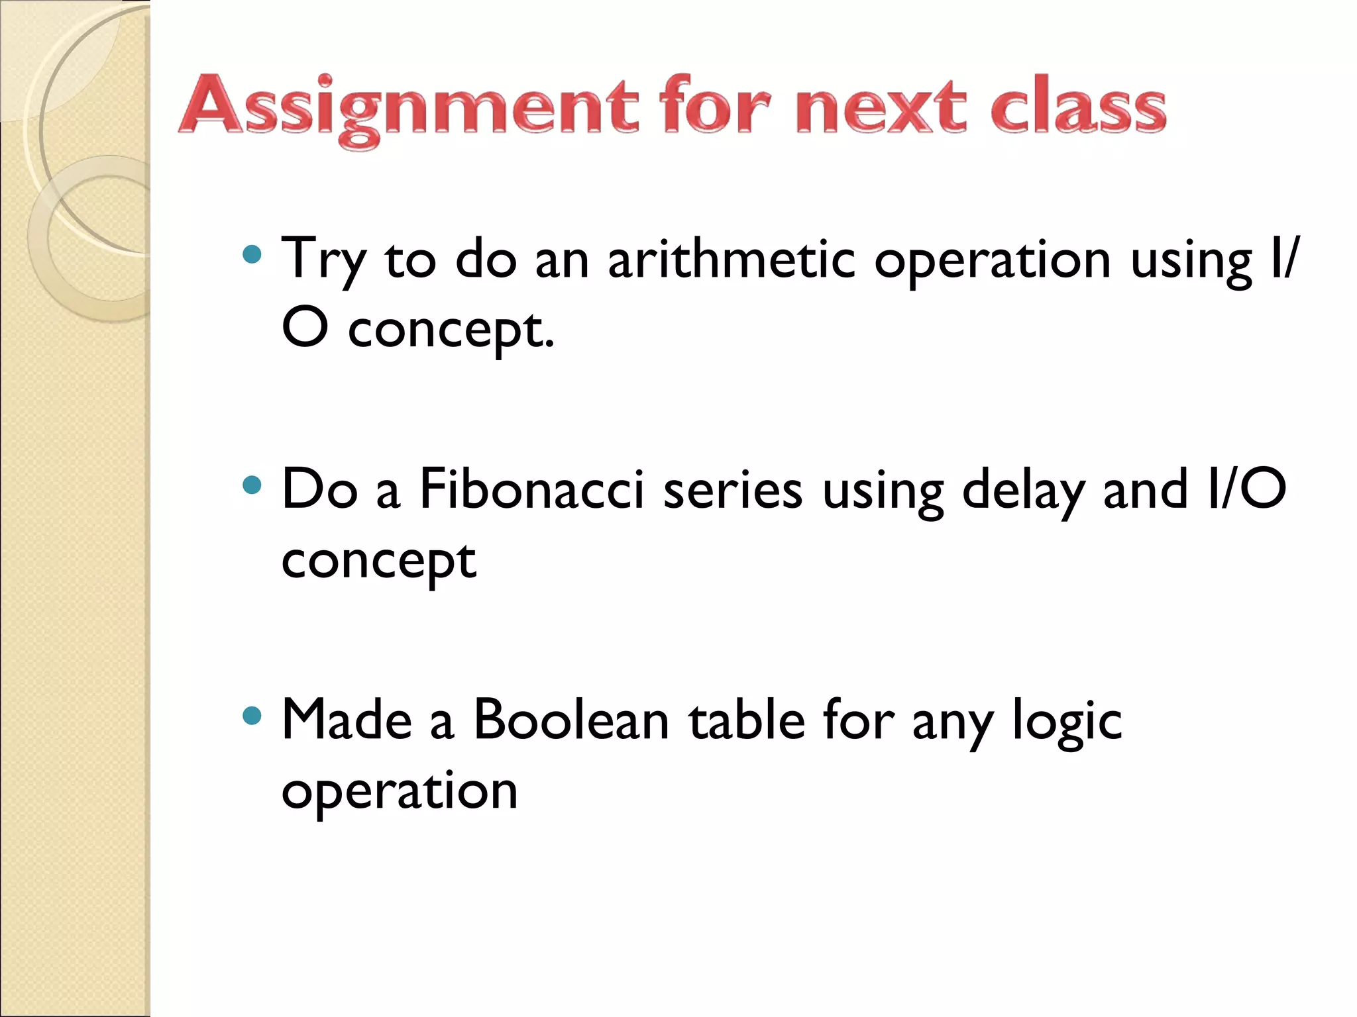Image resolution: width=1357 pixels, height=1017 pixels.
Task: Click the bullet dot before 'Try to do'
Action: (252, 255)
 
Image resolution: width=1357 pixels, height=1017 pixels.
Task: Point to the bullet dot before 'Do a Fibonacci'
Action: (252, 485)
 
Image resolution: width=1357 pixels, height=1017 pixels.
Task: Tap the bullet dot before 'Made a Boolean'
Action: (252, 716)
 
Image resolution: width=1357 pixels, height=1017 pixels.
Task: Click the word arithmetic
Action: (732, 260)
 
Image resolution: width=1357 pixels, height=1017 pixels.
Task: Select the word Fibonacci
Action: (532, 490)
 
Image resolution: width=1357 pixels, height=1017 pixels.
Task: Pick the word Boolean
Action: (570, 720)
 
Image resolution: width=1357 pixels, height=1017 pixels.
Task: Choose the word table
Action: (747, 720)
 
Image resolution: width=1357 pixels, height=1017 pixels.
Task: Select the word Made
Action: (347, 720)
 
